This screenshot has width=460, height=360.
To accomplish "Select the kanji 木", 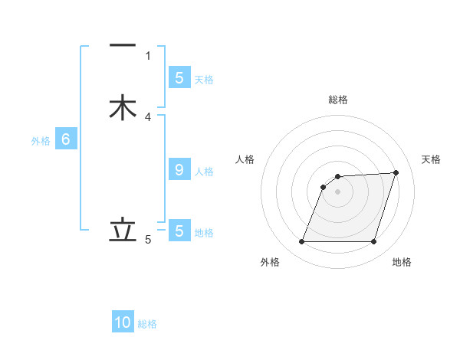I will point(123,107).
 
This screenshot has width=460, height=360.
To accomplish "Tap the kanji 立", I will point(123,230).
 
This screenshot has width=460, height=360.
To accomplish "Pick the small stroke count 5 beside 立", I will point(148,240).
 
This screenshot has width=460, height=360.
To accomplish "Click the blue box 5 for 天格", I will point(179,77).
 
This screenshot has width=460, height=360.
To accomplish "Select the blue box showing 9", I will point(179,170).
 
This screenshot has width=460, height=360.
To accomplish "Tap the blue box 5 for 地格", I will point(179,230).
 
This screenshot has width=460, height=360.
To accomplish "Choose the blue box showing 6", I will point(66,139).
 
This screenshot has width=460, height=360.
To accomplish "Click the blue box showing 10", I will point(123,322).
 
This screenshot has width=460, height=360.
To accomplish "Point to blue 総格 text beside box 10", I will point(148,324).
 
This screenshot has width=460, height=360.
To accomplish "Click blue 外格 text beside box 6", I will point(41,141).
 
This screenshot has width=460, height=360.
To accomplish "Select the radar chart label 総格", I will point(338,100).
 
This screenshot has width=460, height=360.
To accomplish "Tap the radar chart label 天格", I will point(431,159).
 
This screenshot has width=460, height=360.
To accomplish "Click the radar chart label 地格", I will point(402,262).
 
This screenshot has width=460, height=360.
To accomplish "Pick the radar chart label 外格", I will point(270,262).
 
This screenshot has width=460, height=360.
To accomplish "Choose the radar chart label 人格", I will point(245,159).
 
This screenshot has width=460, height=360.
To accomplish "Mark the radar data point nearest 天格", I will point(396,173).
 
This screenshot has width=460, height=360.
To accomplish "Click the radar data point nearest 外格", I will point(302,242).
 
